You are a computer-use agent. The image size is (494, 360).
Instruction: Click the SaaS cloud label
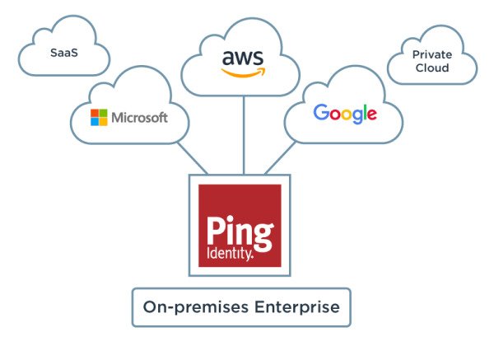pyautogui.click(x=64, y=53)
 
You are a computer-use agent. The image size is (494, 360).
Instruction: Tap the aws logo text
pyautogui.click(x=243, y=58)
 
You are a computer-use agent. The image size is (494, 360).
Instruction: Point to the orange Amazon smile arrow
pyautogui.click(x=243, y=72)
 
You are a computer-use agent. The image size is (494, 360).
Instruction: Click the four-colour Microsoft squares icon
pyautogui.click(x=99, y=117)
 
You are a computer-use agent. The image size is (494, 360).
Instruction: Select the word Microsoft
pyautogui.click(x=139, y=118)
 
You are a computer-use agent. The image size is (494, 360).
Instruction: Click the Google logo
pyautogui.click(x=345, y=114)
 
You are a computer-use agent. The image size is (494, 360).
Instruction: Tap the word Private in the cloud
pyautogui.click(x=432, y=54)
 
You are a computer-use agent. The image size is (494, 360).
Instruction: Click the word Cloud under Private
pyautogui.click(x=432, y=68)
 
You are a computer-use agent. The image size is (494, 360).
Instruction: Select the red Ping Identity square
pyautogui.click(x=240, y=226)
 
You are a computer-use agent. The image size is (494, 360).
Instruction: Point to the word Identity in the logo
pyautogui.click(x=230, y=253)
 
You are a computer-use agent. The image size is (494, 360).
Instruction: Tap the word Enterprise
pyautogui.click(x=297, y=306)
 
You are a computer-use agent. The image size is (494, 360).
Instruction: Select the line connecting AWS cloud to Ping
pyautogui.click(x=244, y=135)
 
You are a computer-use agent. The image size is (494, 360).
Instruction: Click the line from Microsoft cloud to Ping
pyautogui.click(x=192, y=158)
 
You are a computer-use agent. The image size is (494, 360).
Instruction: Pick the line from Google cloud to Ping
pyautogui.click(x=281, y=158)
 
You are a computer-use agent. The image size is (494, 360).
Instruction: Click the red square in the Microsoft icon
pyautogui.click(x=95, y=113)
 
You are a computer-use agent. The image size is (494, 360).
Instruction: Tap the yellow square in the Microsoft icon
pyautogui.click(x=104, y=122)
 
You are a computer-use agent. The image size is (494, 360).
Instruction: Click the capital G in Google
pyautogui.click(x=321, y=112)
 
